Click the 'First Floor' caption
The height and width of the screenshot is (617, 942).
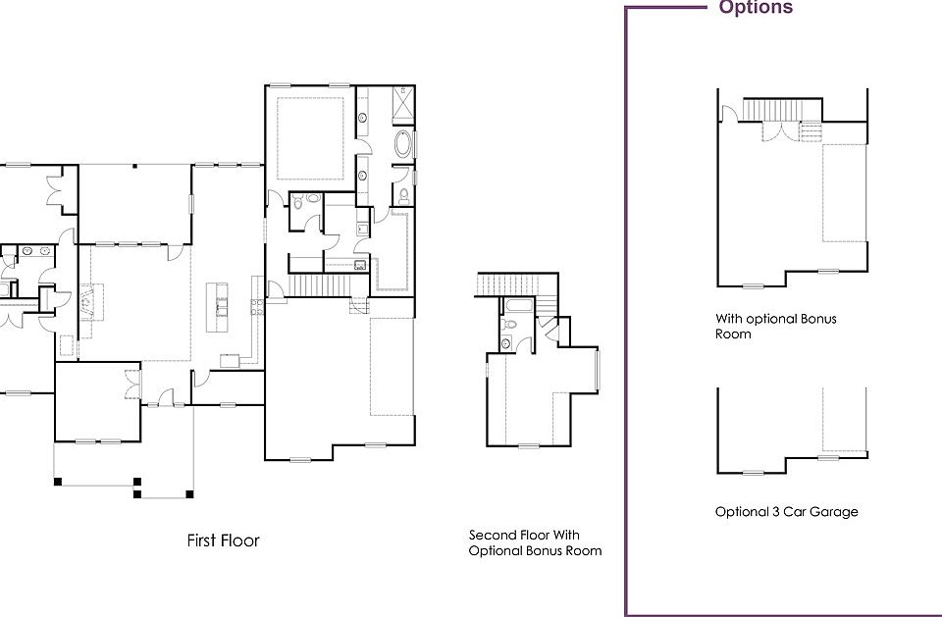(223, 540)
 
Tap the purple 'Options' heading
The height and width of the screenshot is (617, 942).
(756, 8)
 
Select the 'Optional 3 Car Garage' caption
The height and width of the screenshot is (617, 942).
(786, 512)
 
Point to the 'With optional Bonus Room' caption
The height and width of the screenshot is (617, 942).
(775, 326)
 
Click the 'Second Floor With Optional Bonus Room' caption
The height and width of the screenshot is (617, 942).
(535, 542)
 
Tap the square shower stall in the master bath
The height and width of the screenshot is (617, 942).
(403, 102)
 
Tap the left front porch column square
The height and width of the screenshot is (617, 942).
(58, 481)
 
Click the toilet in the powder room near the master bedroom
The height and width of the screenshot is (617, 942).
(313, 198)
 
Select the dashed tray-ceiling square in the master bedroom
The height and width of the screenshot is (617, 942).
(310, 137)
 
